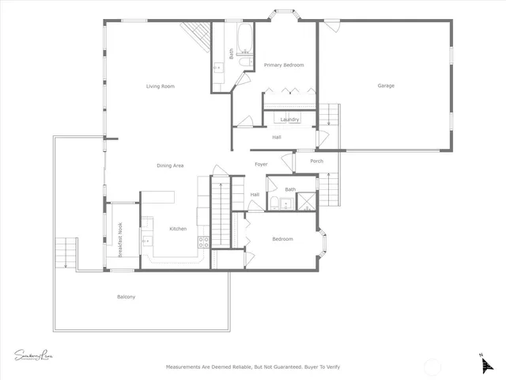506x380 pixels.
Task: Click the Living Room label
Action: (160, 86)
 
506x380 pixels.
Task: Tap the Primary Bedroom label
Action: (284, 65)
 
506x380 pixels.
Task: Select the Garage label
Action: (385, 85)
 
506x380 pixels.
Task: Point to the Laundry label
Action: (289, 120)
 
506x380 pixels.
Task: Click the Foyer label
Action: (261, 164)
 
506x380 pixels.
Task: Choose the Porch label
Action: (316, 161)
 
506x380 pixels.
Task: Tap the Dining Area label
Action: (170, 165)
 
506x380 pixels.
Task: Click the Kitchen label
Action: (178, 229)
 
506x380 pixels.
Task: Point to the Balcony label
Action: (126, 297)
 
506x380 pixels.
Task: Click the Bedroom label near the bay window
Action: (283, 239)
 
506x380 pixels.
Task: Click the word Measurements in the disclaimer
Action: (187, 367)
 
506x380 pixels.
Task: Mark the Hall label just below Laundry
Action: (277, 138)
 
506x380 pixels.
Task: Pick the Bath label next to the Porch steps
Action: (290, 189)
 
